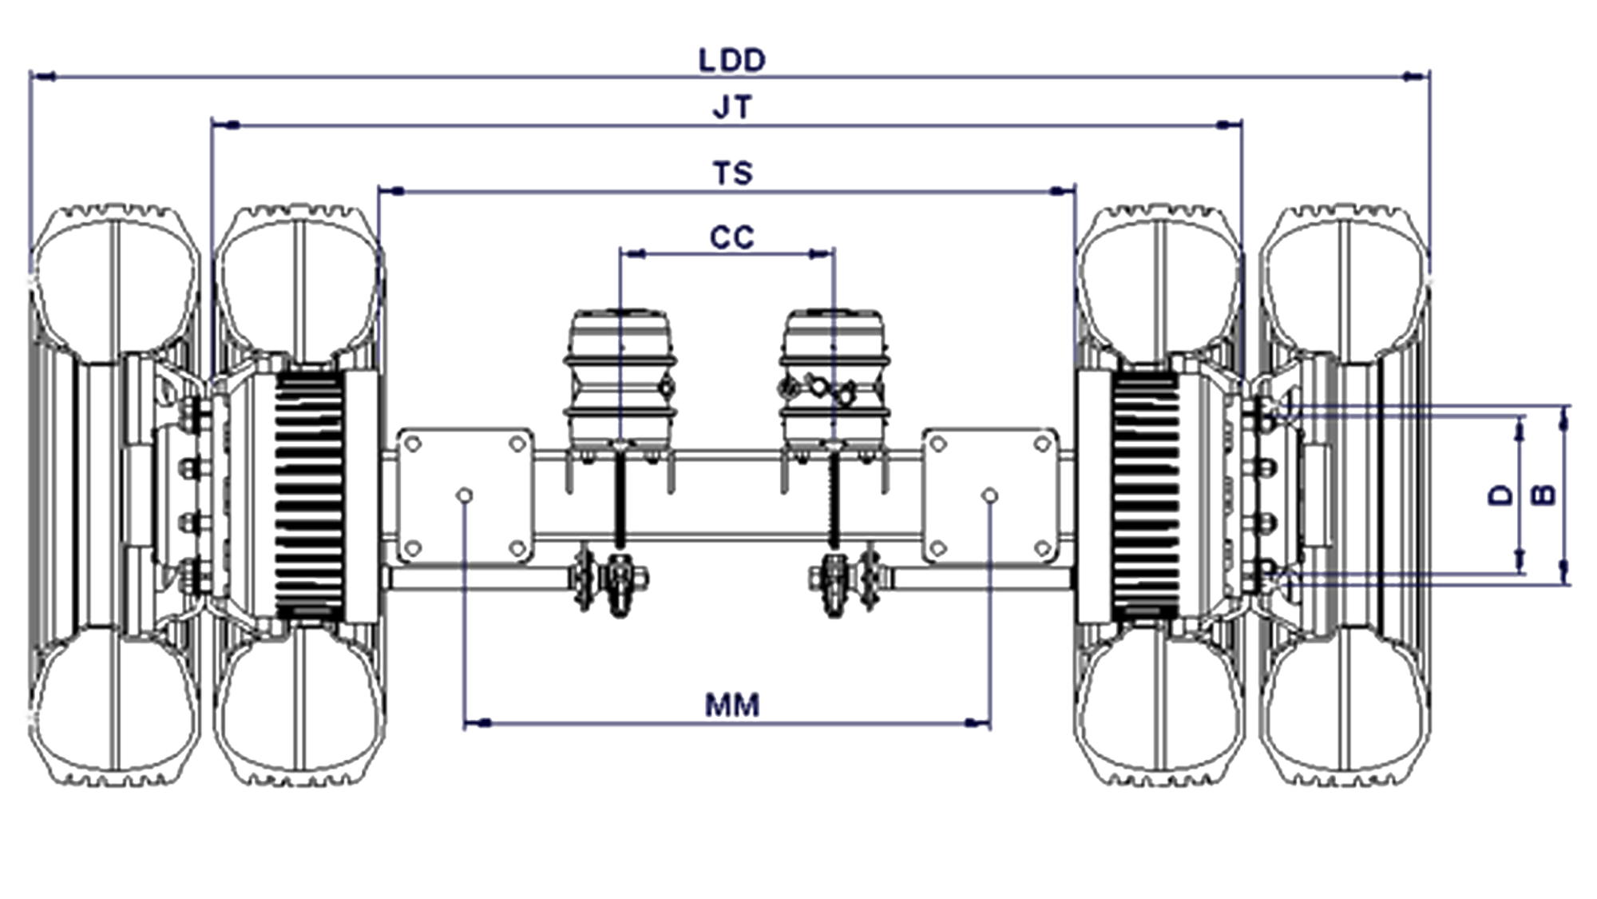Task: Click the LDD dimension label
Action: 732,61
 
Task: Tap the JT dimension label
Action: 732,107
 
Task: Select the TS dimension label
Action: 732,173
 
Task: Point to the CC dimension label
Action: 732,237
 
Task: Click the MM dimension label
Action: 732,705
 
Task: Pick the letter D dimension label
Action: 1501,495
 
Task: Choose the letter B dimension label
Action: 1545,495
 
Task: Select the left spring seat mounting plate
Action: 465,495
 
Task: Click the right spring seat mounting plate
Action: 990,495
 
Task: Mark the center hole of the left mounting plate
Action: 465,495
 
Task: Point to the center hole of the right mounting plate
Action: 990,495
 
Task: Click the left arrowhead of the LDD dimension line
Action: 42,77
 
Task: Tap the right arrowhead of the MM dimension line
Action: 978,724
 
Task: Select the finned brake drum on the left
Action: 310,495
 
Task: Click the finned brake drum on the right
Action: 1146,495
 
